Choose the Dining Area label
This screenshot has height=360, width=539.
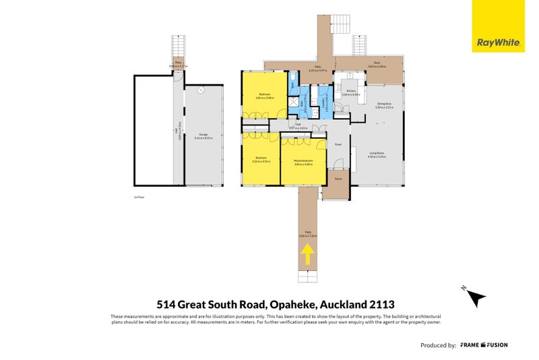click(385, 105)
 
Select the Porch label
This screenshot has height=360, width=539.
click(338, 179)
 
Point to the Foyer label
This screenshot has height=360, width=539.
click(338, 144)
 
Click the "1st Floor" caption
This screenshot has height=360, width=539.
click(139, 197)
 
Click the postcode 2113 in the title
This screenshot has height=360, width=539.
click(397, 303)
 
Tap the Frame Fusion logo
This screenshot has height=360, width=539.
click(484, 344)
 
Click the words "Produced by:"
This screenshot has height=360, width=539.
click(438, 344)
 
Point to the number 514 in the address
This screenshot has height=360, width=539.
click(167, 303)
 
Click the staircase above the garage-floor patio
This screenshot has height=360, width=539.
click(179, 47)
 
